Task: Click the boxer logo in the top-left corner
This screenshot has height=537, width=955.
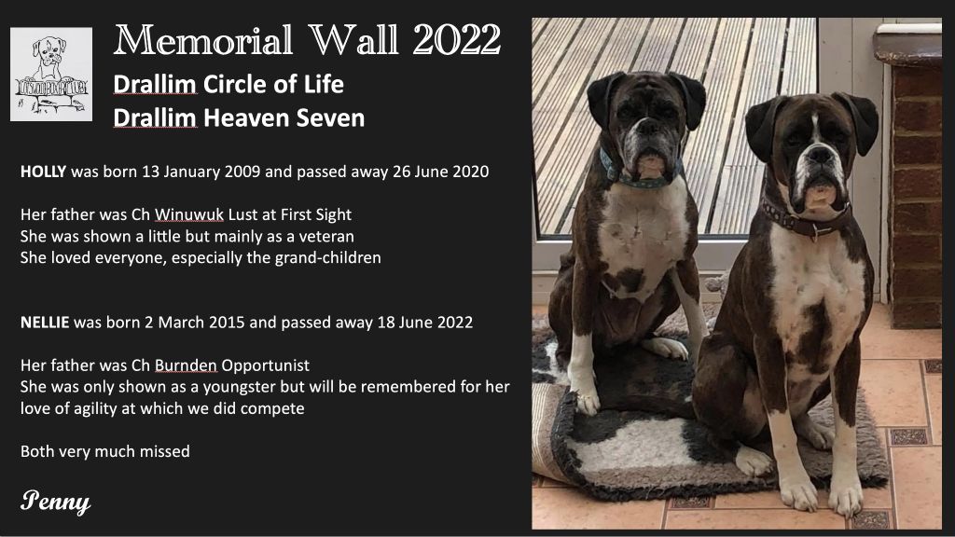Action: click(x=51, y=74)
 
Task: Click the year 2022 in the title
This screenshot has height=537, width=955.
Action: click(x=457, y=40)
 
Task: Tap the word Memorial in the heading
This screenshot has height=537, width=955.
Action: click(x=203, y=40)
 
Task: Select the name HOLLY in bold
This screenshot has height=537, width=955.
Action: click(x=43, y=172)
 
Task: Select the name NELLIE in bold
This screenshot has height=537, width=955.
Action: click(x=45, y=322)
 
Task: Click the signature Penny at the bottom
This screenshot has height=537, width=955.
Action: click(x=55, y=501)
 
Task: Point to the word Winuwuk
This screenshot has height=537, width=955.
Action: click(x=188, y=214)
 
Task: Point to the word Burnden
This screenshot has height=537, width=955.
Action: click(x=186, y=365)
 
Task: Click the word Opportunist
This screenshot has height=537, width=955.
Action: click(x=265, y=365)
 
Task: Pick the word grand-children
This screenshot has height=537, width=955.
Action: click(x=327, y=257)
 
